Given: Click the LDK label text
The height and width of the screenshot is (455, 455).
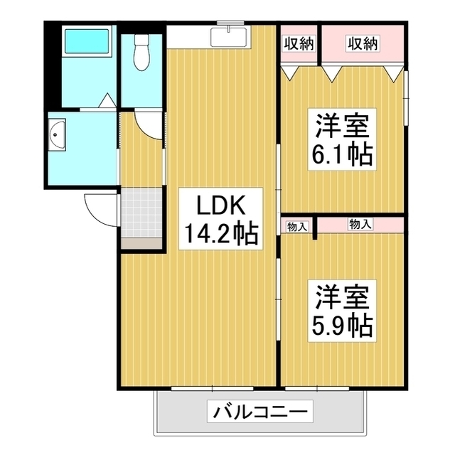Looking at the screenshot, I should (216, 206).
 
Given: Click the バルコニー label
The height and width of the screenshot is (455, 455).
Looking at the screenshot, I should (260, 412).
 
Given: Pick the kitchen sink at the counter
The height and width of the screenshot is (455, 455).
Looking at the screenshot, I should (229, 36).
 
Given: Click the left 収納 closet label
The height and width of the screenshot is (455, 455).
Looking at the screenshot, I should (299, 44).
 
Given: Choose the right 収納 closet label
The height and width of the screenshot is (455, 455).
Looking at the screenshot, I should (363, 44).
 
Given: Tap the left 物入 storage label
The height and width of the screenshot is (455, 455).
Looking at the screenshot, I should (296, 227).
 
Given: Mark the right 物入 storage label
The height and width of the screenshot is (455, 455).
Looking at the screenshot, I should (360, 225).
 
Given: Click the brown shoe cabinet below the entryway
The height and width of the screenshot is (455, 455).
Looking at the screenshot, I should (140, 243).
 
